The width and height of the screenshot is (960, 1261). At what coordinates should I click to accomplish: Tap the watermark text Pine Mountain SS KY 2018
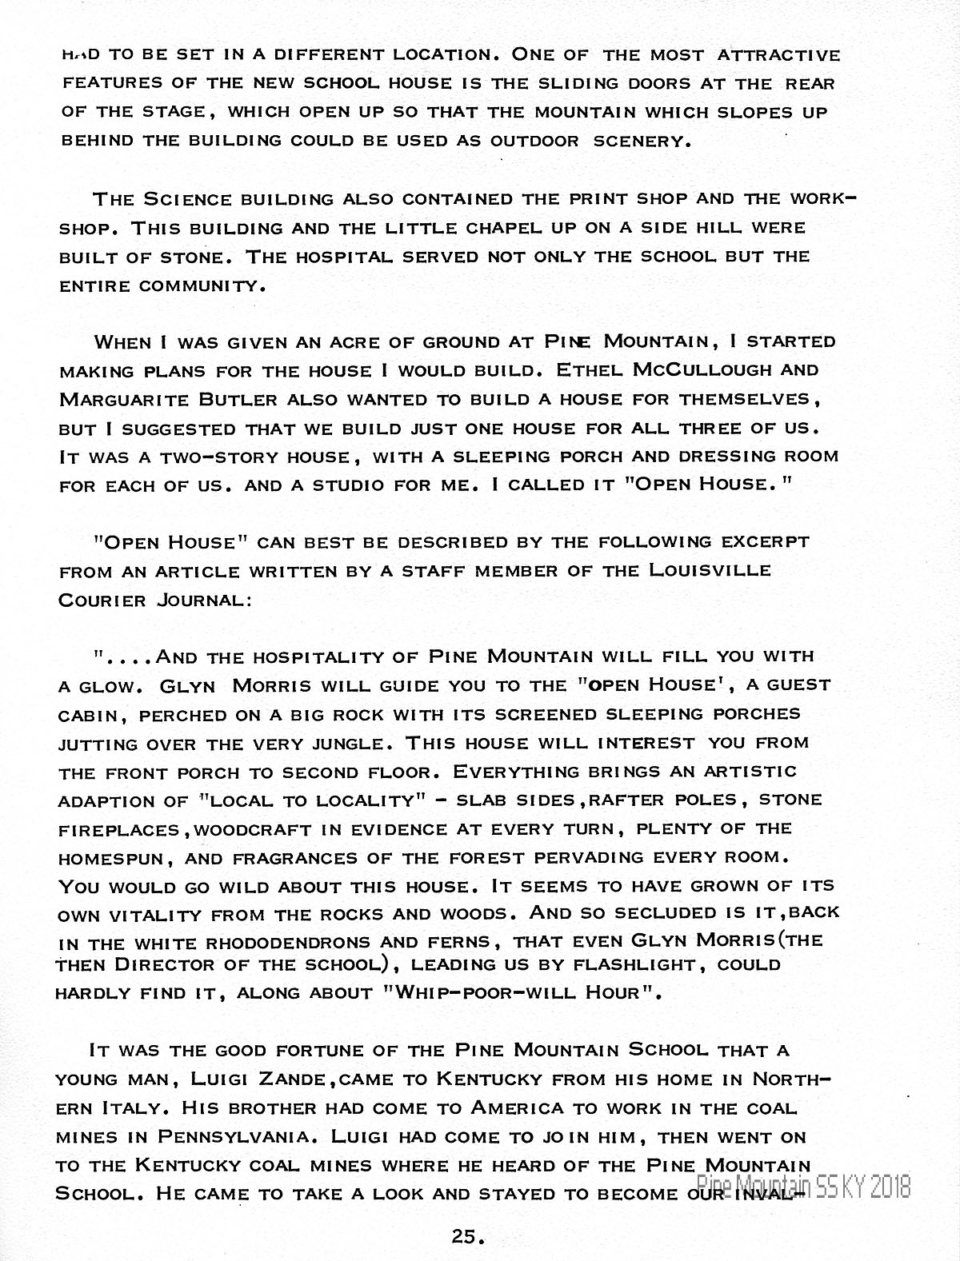click(803, 1186)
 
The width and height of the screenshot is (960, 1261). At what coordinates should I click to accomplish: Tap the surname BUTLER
click(231, 399)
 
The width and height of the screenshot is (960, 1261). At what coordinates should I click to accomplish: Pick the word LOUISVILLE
click(711, 570)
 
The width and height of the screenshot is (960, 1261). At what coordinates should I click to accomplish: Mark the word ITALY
click(132, 1107)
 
